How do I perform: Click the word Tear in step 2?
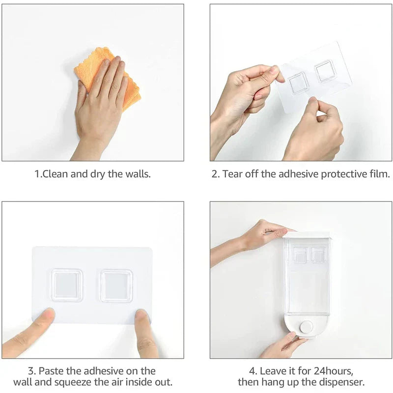232,174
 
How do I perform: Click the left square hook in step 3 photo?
67,285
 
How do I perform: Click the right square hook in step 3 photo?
116,286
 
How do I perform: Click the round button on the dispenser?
307,327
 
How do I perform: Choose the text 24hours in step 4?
334,371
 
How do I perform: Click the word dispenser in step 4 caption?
338,383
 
